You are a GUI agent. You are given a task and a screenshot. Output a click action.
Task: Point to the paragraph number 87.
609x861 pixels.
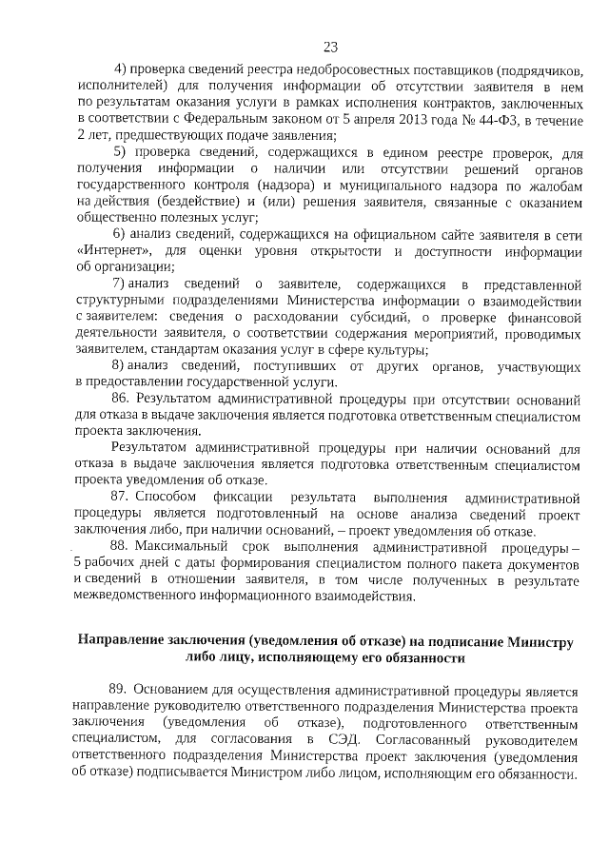121,498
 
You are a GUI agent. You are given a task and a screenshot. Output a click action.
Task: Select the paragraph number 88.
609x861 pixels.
121,547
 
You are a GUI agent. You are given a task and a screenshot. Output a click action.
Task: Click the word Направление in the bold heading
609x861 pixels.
122,641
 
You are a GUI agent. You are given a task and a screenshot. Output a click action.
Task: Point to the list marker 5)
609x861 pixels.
120,152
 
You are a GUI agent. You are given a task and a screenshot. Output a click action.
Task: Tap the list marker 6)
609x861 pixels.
119,235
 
